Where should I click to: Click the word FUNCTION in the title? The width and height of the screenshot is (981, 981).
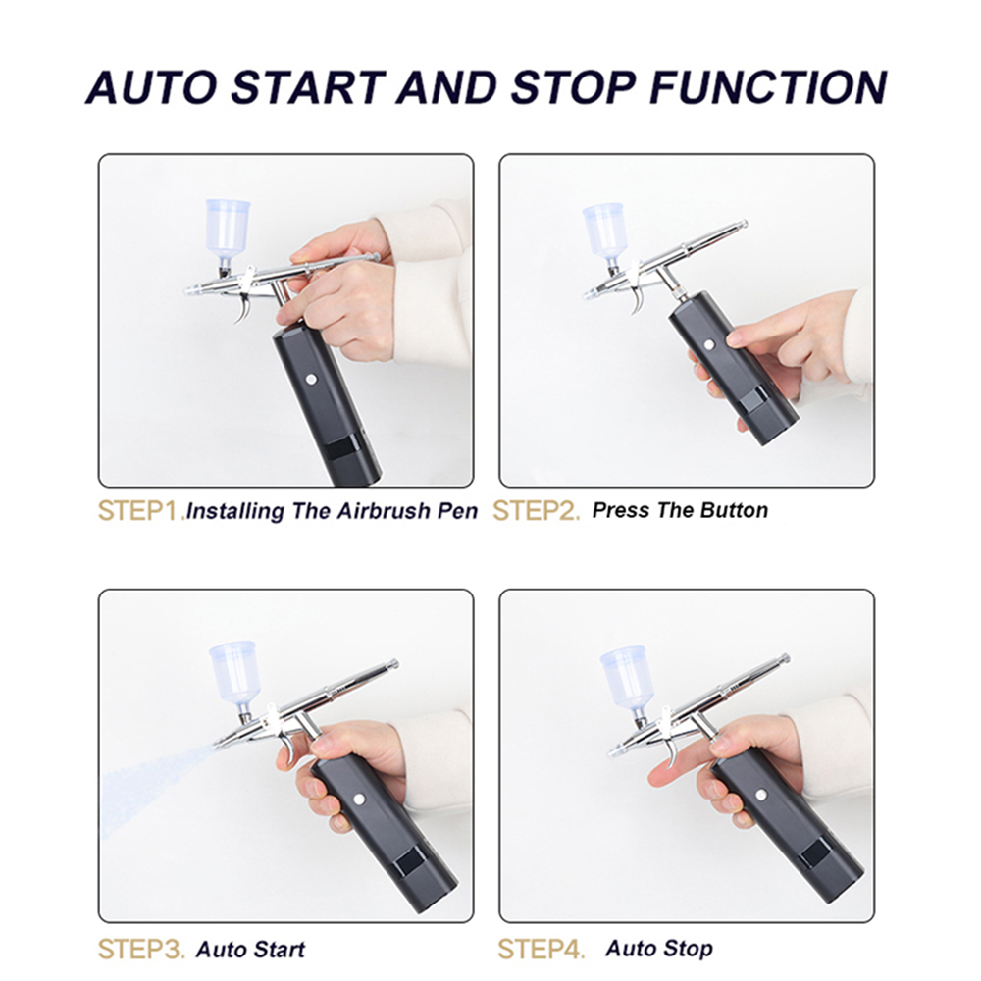(768, 86)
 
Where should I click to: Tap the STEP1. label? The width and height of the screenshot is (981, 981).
(141, 511)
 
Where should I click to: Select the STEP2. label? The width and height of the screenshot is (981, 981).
(537, 511)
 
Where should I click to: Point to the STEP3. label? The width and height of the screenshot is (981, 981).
(141, 949)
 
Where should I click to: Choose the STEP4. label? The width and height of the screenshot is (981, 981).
(542, 949)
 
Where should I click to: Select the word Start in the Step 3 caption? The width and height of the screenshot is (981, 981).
(278, 949)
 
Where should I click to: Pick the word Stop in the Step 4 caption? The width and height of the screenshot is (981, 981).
(688, 949)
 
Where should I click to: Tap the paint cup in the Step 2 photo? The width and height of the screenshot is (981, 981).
(605, 232)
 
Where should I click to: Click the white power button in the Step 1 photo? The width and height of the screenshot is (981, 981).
(311, 379)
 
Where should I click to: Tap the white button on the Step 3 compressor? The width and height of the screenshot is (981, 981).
(359, 799)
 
